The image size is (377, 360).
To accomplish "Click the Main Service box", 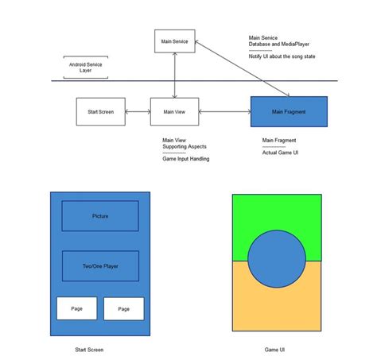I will (174, 41).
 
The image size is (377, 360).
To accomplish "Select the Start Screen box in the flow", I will (100, 112).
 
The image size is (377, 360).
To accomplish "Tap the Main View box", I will (174, 112).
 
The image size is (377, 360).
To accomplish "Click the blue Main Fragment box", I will (289, 112).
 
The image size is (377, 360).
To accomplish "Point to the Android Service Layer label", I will (85, 67).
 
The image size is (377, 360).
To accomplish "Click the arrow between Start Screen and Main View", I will (138, 112).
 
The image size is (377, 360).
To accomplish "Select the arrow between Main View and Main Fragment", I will (224, 112).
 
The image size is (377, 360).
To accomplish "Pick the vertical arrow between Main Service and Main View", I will (174, 75).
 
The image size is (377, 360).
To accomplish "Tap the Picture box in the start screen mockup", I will (100, 215).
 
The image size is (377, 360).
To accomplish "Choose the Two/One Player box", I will (100, 266).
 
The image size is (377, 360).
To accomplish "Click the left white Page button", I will (76, 308).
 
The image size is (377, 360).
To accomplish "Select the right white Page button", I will (124, 308).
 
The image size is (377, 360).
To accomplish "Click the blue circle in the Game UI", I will (277, 261).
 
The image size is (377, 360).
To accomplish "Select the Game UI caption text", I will (276, 350).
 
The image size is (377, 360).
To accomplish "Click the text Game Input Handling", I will (186, 159).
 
